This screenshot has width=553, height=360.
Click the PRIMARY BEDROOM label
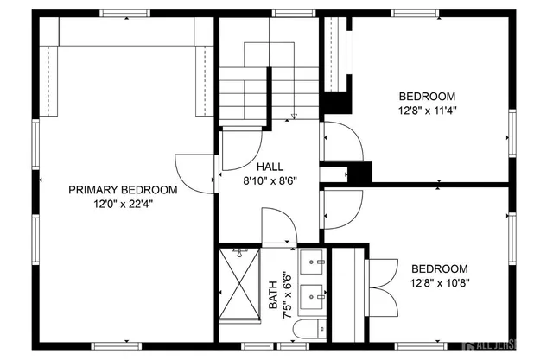point(124,190)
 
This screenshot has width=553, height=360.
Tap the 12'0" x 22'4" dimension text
point(124,205)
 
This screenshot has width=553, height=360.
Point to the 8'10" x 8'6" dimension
point(269,180)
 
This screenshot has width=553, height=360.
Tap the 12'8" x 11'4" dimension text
point(427,111)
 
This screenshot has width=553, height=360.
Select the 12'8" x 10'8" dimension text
point(439,282)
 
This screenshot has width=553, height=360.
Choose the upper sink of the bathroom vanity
point(313,260)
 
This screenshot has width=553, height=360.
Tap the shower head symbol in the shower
point(238,251)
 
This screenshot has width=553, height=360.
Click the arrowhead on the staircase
point(295,116)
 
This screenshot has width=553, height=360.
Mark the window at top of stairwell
point(282,13)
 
